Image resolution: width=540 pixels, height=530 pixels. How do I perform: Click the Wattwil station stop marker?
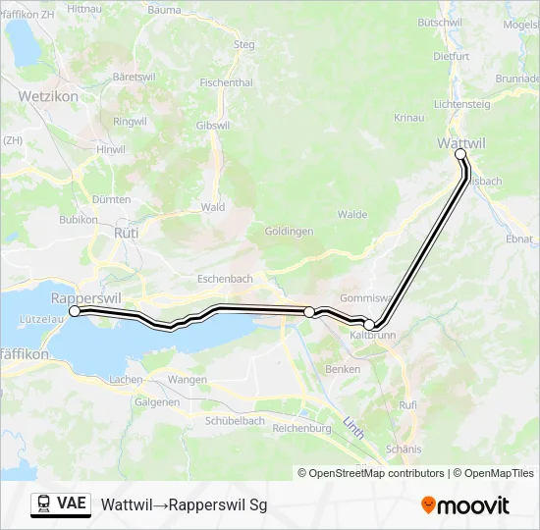(460, 154)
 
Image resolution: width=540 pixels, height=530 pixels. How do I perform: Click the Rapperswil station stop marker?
(75, 311)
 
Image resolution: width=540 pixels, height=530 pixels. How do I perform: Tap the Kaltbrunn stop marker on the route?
(369, 325)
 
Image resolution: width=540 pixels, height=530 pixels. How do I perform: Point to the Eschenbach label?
(225, 279)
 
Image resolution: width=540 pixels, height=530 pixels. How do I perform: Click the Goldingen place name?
(289, 232)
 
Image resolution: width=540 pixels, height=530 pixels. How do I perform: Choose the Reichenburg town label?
(301, 428)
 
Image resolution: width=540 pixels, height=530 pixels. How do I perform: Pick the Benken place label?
(344, 369)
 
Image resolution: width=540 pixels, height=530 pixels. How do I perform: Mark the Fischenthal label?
(226, 82)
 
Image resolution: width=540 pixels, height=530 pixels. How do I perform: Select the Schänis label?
(404, 449)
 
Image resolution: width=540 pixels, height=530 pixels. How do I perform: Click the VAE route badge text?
(72, 503)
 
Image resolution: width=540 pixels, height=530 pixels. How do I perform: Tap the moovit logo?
(465, 504)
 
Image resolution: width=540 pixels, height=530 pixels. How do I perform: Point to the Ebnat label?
(518, 239)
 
